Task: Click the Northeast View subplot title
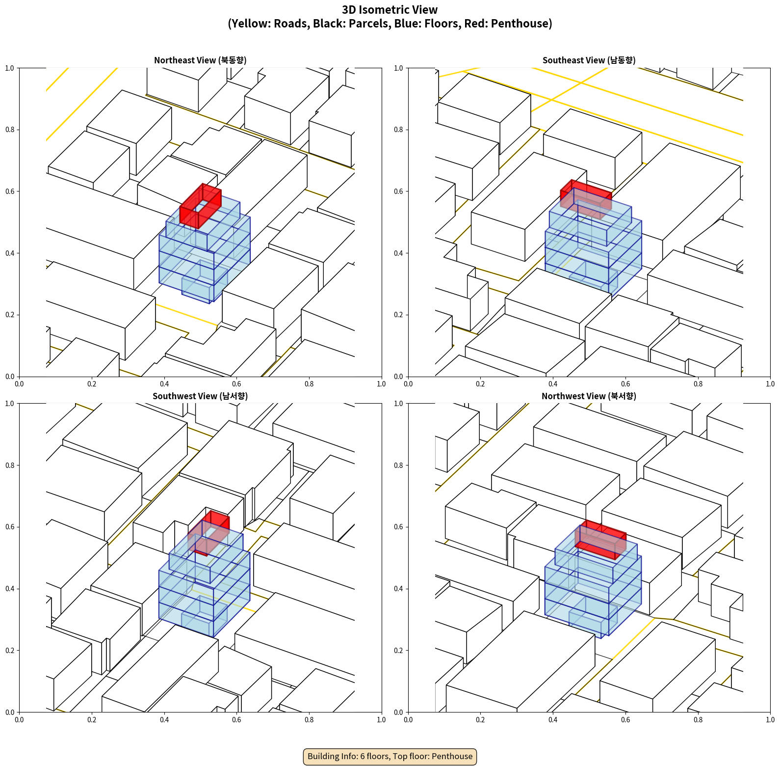point(200,60)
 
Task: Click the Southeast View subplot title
point(589,60)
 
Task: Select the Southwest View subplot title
point(200,396)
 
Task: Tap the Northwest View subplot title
point(589,396)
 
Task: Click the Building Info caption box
point(390,756)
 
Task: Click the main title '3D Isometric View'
point(390,10)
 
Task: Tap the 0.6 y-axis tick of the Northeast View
point(10,191)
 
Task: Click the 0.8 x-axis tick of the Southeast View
point(698,384)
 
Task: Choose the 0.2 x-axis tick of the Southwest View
point(92,720)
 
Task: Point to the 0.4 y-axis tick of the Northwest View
point(399,589)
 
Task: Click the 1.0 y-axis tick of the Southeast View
point(399,68)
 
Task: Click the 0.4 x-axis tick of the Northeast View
point(164,384)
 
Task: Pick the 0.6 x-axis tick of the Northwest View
point(625,720)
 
